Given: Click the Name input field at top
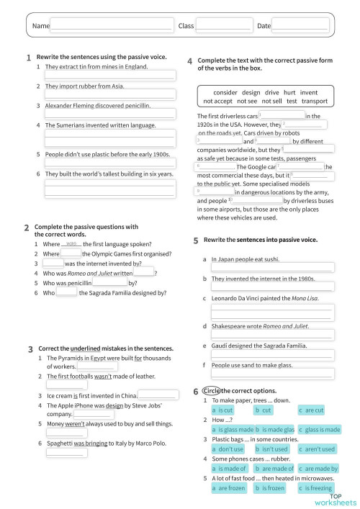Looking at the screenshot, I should tap(112, 26).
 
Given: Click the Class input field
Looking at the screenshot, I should tap(224, 26).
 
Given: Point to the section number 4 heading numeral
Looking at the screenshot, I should tap(189, 62).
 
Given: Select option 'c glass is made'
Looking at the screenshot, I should tap(319, 429).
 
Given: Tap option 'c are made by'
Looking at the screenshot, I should tap(319, 468).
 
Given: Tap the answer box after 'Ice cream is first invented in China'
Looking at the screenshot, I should tap(158, 395).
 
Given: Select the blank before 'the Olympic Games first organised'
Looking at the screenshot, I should tap(71, 253).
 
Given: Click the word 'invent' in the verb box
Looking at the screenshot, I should tap(309, 92).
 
